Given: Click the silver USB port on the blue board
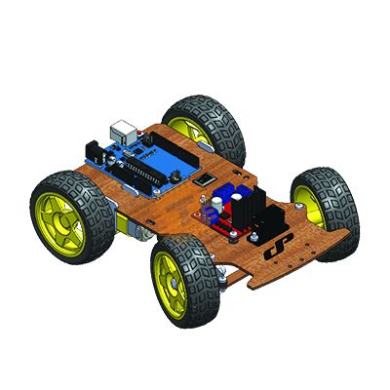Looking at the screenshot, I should tap(125, 130).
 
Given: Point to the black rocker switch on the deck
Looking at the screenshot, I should tap(205, 179).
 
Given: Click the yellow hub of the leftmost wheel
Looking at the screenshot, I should tap(60, 224).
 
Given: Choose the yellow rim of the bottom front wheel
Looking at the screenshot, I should tap(169, 285).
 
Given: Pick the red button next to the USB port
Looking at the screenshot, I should tap(146, 131).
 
